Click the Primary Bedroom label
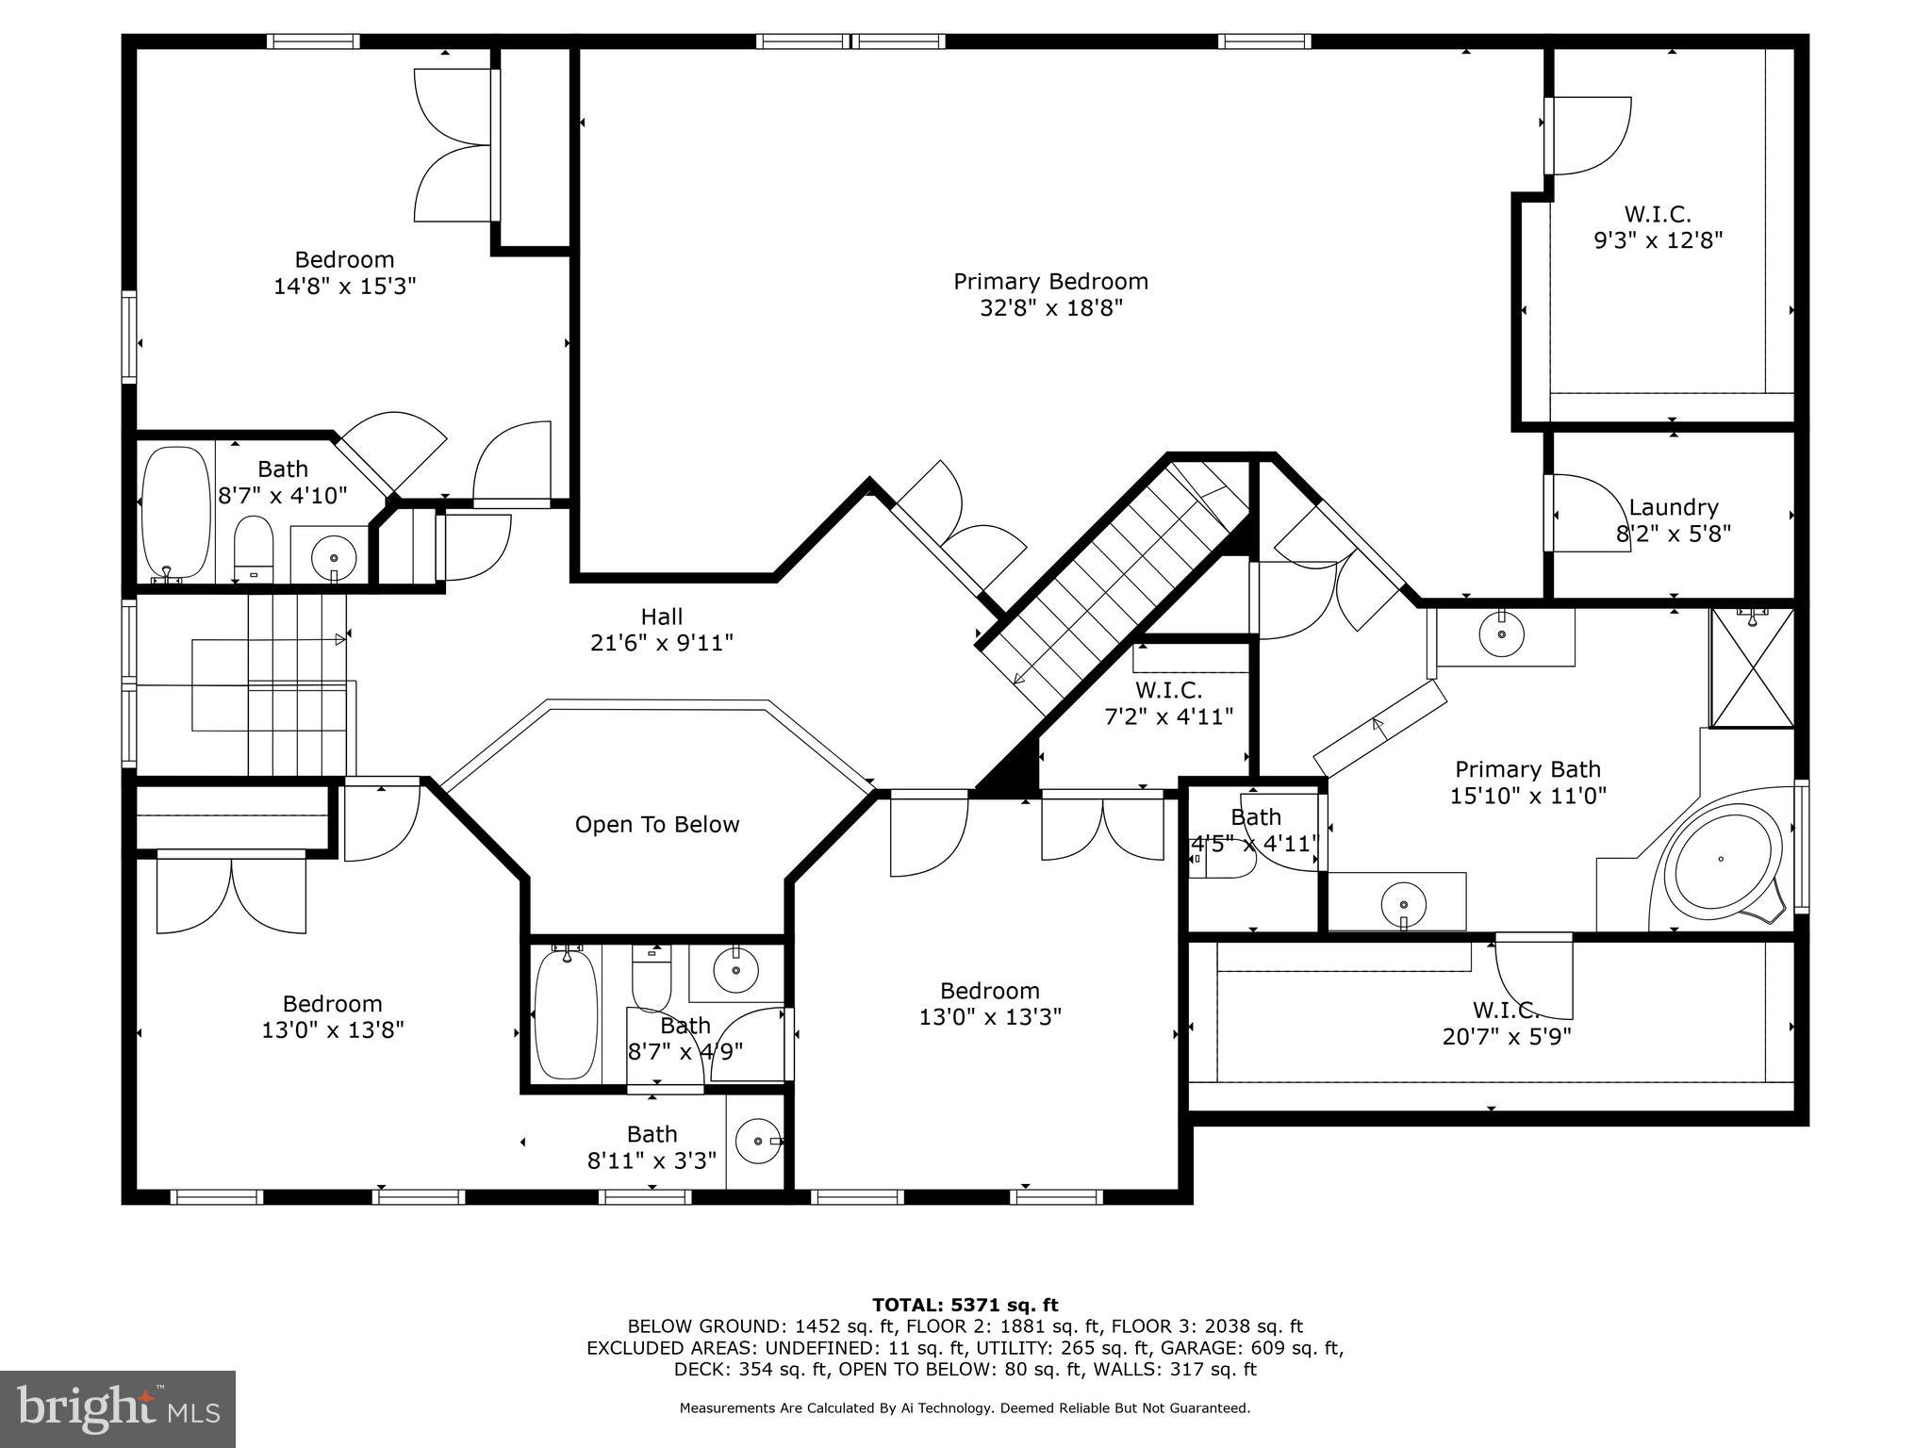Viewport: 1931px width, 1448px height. (x=1050, y=282)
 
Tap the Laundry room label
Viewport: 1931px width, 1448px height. (x=1673, y=508)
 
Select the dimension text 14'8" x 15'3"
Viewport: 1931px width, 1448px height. (x=344, y=287)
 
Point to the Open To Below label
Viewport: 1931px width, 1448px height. (x=657, y=825)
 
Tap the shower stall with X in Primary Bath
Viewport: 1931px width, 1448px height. (x=1752, y=669)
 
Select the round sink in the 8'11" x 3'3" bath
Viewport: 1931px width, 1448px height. (x=758, y=1142)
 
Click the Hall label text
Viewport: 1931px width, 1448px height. (x=661, y=617)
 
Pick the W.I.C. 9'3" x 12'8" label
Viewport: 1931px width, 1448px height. (x=1658, y=227)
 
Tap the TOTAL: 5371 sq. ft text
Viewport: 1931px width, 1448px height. (x=965, y=1306)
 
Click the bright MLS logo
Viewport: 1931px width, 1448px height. (x=118, y=1408)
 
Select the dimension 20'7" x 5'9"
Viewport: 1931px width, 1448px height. (x=1506, y=1037)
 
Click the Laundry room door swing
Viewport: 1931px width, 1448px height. (x=1589, y=514)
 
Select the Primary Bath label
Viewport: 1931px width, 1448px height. (x=1527, y=769)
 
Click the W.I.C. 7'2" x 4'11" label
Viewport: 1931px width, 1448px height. (x=1168, y=703)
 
